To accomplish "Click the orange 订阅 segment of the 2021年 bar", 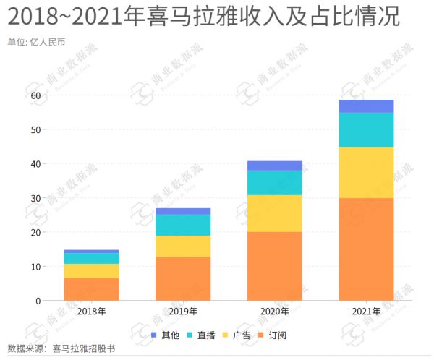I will pyautogui.click(x=366, y=249).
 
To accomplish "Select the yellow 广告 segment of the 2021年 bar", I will pyautogui.click(x=366, y=172).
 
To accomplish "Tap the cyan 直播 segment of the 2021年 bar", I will pyautogui.click(x=366, y=129).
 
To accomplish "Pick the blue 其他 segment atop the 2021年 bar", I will pyautogui.click(x=366, y=106).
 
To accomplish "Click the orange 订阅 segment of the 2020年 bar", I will pyautogui.click(x=275, y=265).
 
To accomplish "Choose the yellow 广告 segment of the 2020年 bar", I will pyautogui.click(x=275, y=213).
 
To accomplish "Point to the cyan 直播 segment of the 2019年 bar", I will pyautogui.click(x=183, y=225).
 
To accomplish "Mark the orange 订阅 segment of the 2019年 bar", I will pyautogui.click(x=183, y=278).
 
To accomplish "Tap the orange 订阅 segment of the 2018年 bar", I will pyautogui.click(x=91, y=289).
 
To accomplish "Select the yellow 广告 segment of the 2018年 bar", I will pyautogui.click(x=91, y=271).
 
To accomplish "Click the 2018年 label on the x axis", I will pyautogui.click(x=91, y=312).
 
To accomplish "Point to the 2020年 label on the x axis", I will pyautogui.click(x=275, y=312).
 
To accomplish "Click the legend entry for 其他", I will pyautogui.click(x=165, y=335).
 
